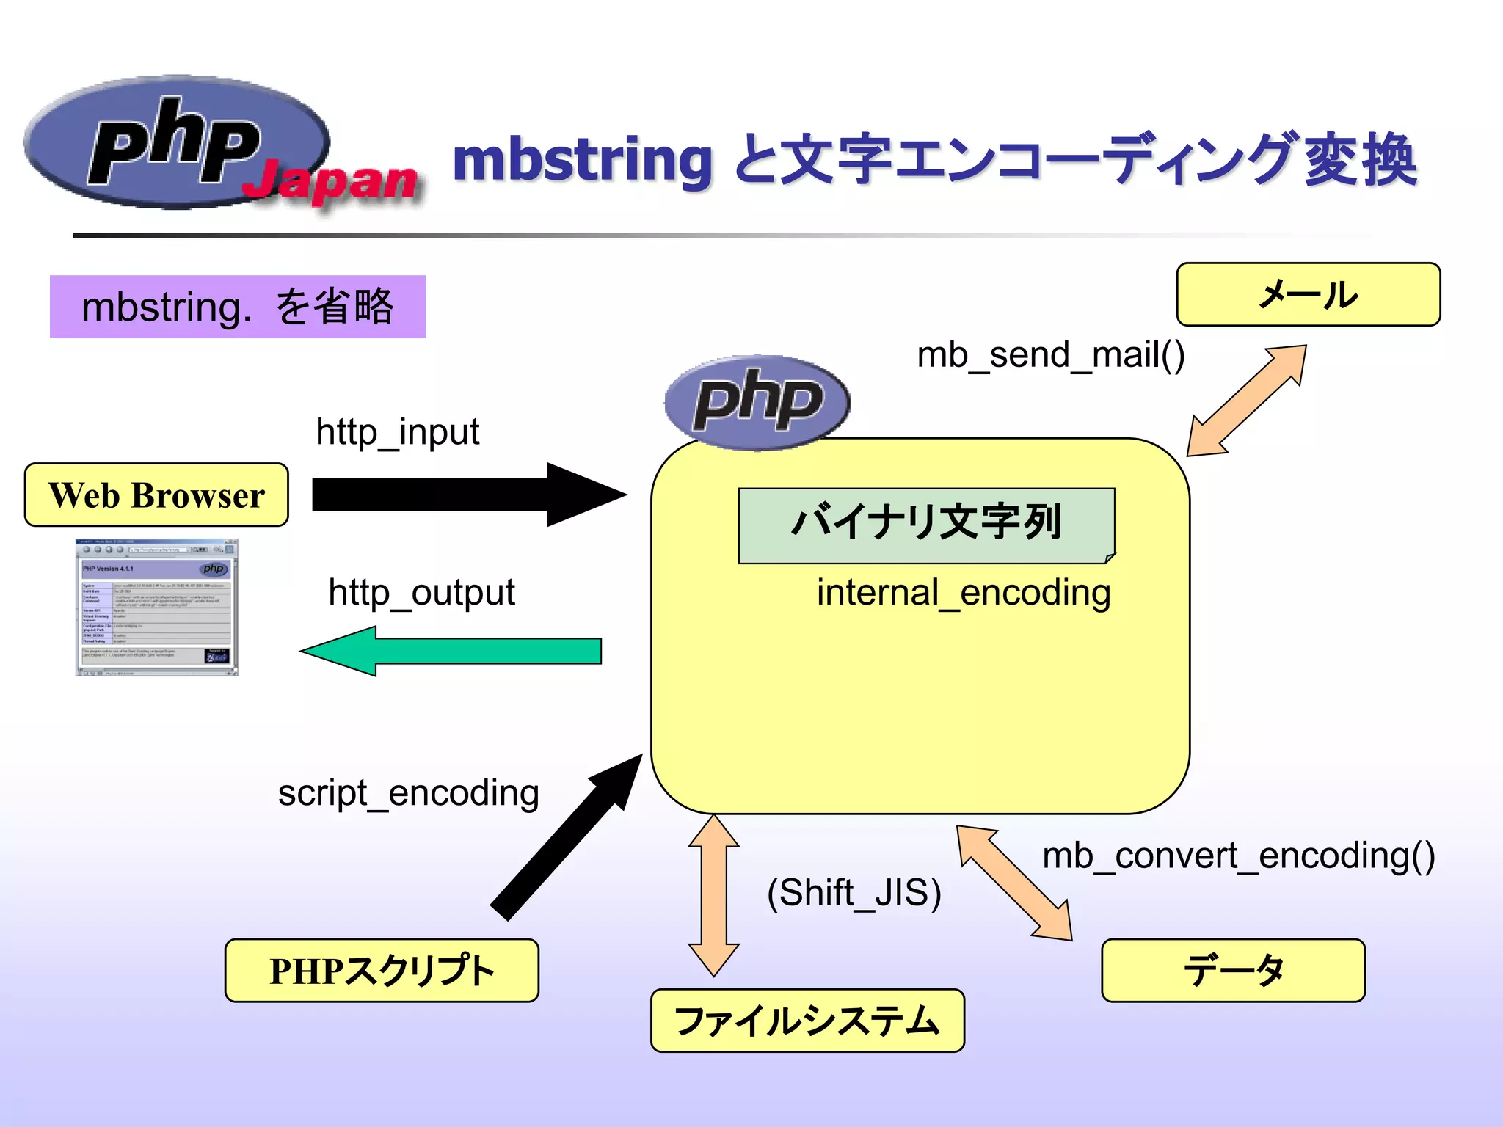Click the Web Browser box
coord(156,495)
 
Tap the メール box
coord(1308,294)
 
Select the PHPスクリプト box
coord(382,970)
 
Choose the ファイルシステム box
coord(807,1021)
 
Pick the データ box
coord(1233,970)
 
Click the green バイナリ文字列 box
coord(926,524)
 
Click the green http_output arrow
coord(455,651)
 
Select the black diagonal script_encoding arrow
coord(565,836)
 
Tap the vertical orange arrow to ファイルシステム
coord(713,895)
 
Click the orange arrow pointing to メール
coord(1248,400)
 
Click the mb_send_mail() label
coord(1051,355)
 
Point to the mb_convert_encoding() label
coord(1238,856)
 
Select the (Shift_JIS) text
coord(854,893)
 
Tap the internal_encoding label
coord(964,592)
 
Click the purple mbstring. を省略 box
coord(238,307)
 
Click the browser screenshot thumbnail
coord(157,608)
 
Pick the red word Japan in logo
coord(330,181)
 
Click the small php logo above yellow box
coord(757,401)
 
